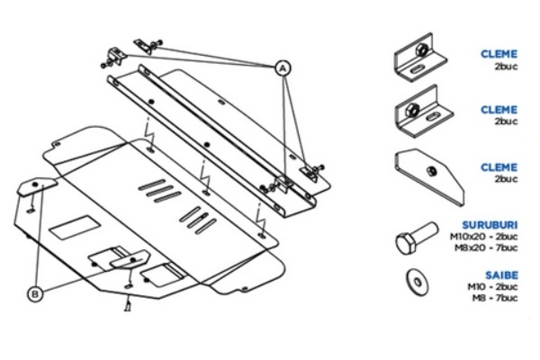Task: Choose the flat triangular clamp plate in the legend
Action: coord(429,174)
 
